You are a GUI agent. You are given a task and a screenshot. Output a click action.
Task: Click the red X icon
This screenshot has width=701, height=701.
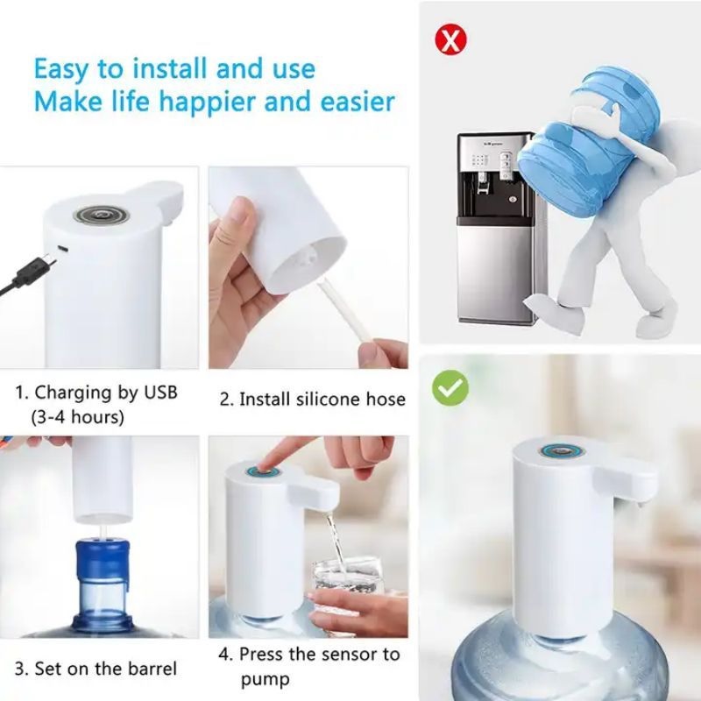pos(450,39)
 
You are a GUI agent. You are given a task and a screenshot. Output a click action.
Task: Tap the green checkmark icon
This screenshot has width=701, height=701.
pos(450,387)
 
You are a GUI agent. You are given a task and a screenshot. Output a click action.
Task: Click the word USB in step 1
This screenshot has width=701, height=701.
pos(160,393)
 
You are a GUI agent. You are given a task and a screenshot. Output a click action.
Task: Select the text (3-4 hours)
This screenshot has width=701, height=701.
pos(77,417)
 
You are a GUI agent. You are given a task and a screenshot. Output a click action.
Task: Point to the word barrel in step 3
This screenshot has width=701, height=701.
pos(152,669)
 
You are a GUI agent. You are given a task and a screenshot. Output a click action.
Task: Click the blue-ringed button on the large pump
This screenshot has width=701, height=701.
pos(563,450)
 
